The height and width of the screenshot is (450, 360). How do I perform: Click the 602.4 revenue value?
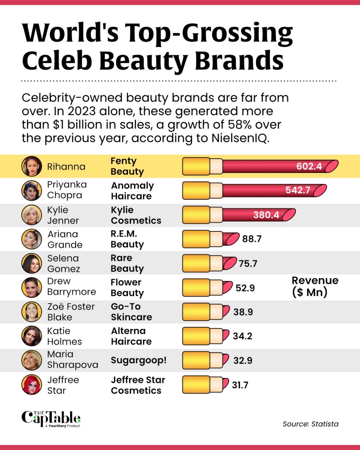click(x=309, y=166)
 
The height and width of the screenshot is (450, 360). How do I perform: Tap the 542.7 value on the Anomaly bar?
click(x=298, y=190)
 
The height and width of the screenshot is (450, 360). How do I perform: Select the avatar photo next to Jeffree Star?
click(x=32, y=385)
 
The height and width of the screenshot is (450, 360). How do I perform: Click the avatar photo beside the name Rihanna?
click(x=32, y=166)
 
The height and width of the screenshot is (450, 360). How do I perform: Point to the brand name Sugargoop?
click(x=139, y=360)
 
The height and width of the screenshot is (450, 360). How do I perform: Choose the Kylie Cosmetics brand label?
click(x=136, y=215)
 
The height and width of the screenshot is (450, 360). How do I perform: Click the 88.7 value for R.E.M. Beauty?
click(x=252, y=239)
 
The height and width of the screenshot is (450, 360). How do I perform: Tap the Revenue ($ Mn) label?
click(x=315, y=286)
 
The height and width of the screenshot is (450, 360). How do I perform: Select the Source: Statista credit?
click(x=310, y=424)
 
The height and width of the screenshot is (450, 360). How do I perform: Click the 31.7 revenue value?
click(x=240, y=385)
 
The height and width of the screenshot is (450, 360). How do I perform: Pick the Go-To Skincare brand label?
click(x=131, y=312)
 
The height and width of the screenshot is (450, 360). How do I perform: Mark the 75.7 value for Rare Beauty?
click(x=248, y=263)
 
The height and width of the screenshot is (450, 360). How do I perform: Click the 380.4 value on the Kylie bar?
click(x=266, y=215)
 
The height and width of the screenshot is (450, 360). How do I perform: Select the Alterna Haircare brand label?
click(x=131, y=336)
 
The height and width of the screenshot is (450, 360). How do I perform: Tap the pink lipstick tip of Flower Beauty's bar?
click(x=228, y=288)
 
